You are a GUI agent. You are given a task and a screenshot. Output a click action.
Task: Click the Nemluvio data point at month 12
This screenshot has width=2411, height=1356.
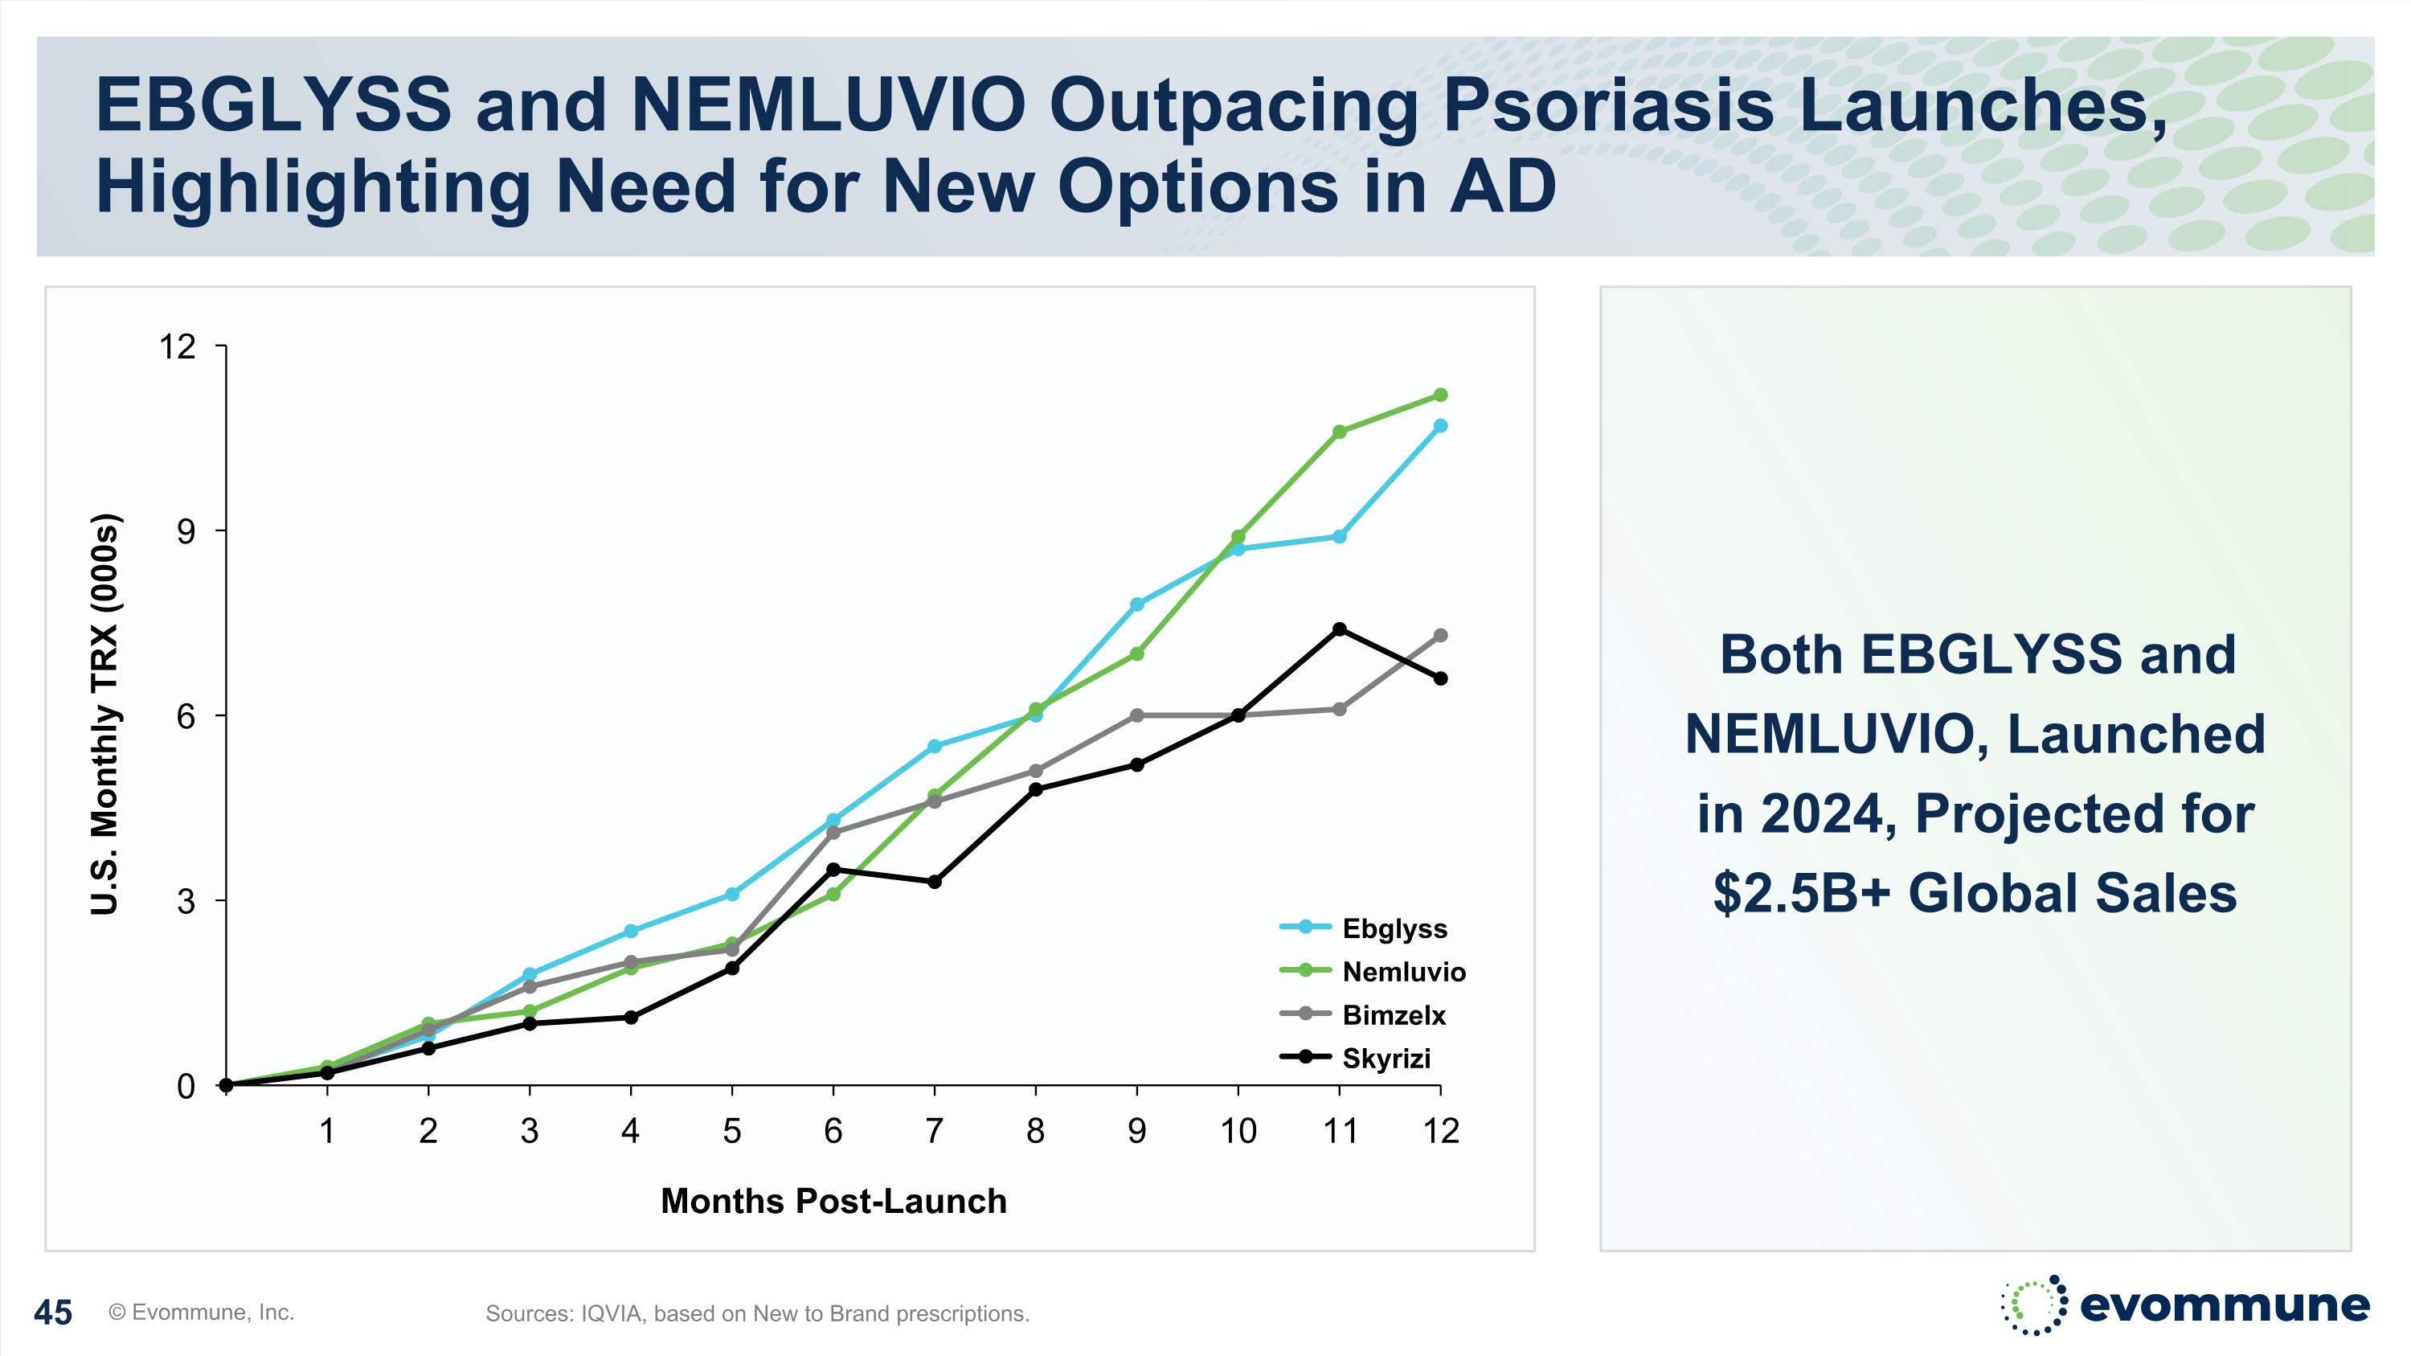tap(1440, 395)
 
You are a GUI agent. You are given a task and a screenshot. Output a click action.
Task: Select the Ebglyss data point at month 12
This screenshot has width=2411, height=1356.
tap(1440, 426)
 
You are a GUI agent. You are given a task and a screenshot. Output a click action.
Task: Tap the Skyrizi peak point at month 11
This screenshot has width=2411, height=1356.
tap(1340, 629)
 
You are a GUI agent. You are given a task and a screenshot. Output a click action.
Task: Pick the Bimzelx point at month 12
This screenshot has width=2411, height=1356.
tap(1440, 636)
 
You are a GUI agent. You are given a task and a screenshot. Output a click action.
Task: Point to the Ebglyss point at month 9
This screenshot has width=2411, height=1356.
tap(1137, 604)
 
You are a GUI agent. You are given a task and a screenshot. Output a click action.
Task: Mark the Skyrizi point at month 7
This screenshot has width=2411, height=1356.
tap(934, 882)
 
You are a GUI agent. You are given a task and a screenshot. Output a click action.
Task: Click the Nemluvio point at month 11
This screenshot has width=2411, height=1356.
tap(1340, 432)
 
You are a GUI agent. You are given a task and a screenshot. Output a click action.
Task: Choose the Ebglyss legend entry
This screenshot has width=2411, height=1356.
tap(1394, 928)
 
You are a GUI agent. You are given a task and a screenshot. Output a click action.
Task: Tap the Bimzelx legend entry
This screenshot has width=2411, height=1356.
tap(1393, 1014)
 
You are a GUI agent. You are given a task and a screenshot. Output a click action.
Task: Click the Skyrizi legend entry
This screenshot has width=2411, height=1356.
tap(1386, 1059)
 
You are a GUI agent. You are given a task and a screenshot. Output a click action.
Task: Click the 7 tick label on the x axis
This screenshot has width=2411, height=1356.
tap(934, 1132)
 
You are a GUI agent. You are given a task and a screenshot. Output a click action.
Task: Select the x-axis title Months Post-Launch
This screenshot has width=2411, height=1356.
tap(833, 1201)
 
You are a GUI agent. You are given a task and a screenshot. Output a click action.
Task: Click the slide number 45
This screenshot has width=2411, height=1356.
tap(52, 1312)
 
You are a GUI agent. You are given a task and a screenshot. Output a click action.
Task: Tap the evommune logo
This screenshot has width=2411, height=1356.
tap(2184, 1305)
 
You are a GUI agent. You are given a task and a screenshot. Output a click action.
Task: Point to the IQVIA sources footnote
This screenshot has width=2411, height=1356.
tap(757, 1314)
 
